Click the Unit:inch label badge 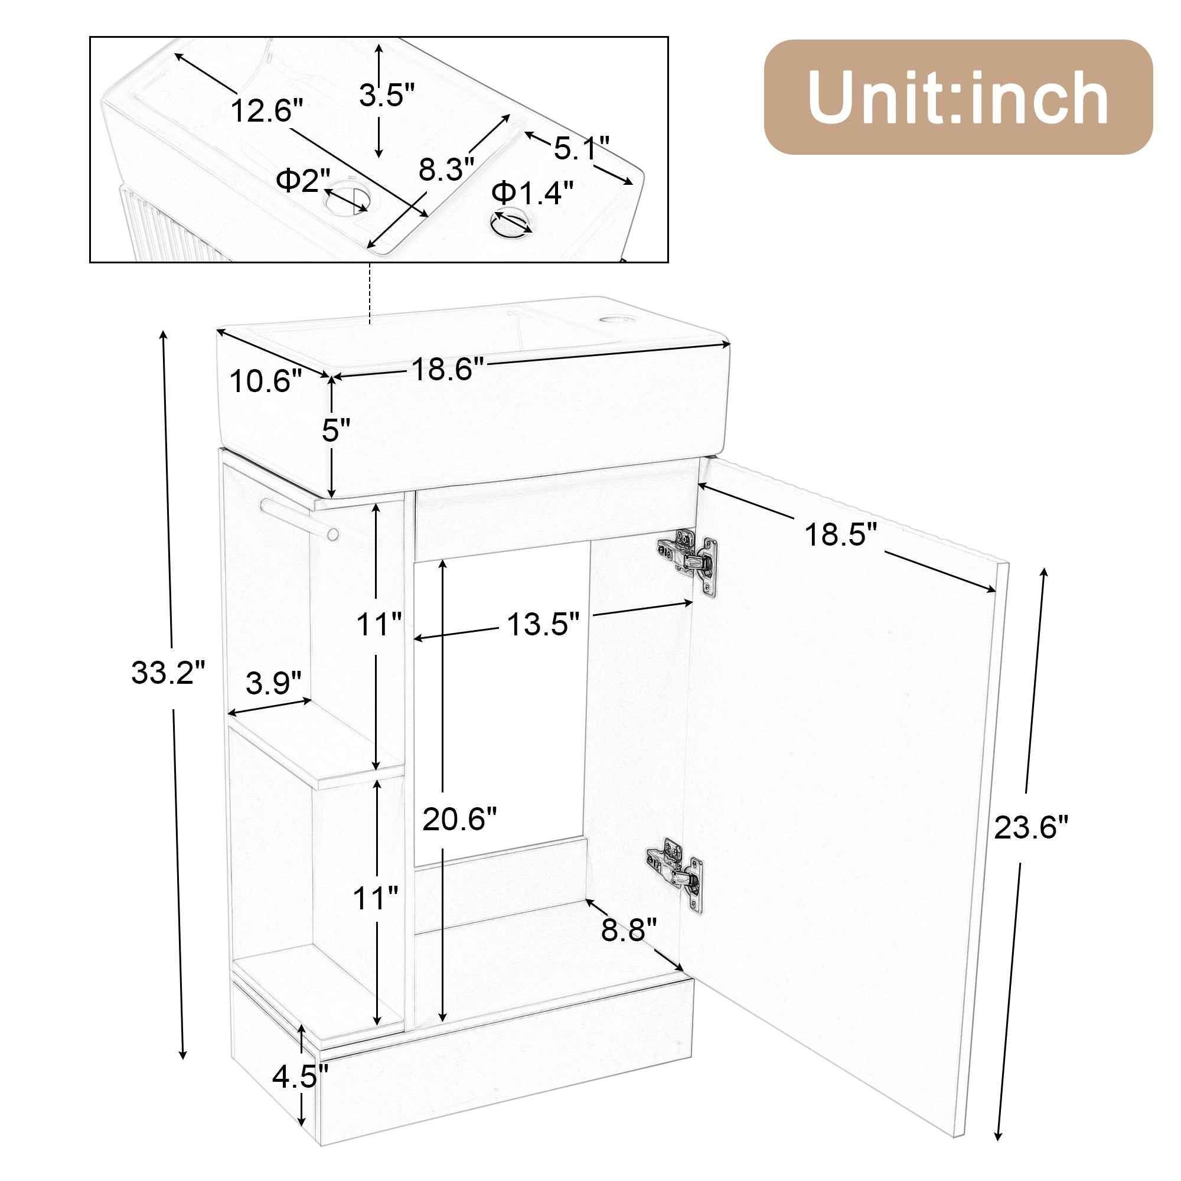(x=957, y=97)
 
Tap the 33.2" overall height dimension (x=168, y=673)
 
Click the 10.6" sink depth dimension (x=266, y=381)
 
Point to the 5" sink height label (x=335, y=431)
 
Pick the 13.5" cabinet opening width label (x=542, y=624)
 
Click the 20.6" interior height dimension (x=459, y=818)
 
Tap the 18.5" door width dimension (x=840, y=535)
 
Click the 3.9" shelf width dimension (x=273, y=683)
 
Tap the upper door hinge (x=689, y=555)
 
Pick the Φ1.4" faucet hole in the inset (x=510, y=223)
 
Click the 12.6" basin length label (x=266, y=111)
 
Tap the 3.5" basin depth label (x=386, y=95)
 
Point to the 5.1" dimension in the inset (x=581, y=148)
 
